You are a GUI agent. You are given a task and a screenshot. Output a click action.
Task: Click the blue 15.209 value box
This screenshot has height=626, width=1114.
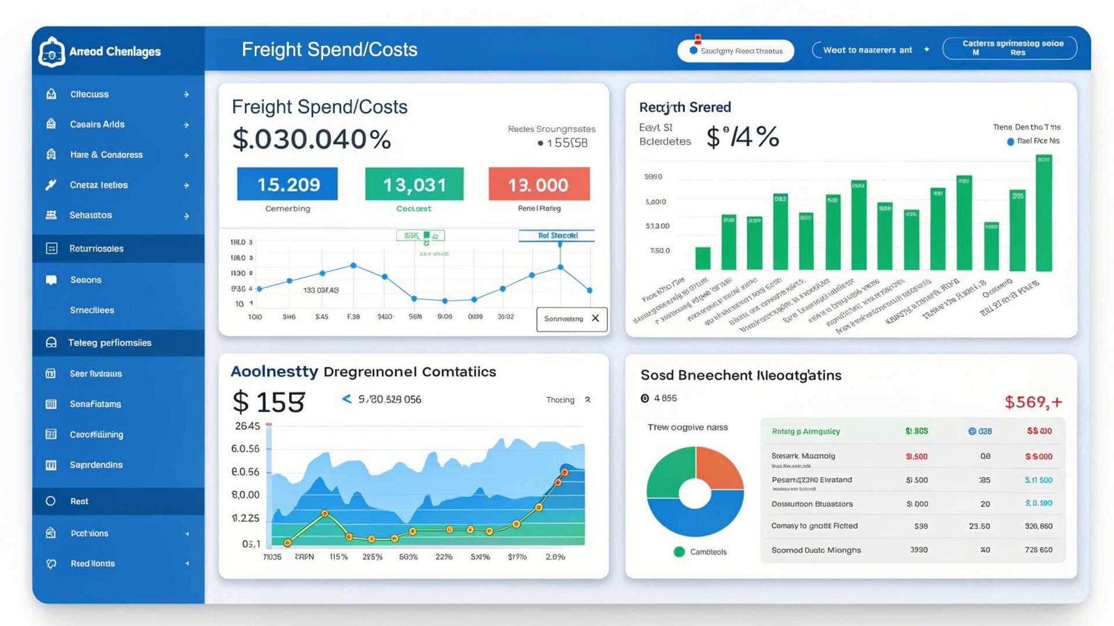point(288,184)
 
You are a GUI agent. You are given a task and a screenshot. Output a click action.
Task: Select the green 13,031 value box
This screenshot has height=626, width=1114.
point(414,184)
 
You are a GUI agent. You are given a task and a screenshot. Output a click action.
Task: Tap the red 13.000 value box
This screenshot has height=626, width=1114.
point(539,184)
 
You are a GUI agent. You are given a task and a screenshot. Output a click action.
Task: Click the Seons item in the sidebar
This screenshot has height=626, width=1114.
point(86,280)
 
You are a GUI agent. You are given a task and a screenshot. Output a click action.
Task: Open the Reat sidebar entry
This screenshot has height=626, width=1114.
point(79,501)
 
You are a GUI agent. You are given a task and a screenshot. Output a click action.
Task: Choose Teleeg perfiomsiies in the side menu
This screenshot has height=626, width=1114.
point(109,343)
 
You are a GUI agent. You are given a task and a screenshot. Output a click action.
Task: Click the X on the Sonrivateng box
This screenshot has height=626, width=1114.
point(595,319)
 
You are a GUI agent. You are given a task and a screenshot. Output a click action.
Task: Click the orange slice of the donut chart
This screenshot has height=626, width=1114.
point(720,467)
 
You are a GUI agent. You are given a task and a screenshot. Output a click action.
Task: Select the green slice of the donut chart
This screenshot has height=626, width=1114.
point(670,471)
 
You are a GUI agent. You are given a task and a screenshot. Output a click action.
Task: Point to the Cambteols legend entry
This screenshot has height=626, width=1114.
point(707,552)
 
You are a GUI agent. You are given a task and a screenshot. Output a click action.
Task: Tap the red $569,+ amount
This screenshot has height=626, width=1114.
point(1033,402)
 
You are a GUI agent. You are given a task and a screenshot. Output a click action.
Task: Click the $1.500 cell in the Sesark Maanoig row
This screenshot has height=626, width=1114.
point(916,456)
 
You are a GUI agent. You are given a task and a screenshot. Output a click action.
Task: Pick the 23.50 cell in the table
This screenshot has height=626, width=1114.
point(979,527)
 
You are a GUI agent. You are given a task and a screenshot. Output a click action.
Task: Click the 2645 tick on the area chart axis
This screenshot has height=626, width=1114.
point(247,426)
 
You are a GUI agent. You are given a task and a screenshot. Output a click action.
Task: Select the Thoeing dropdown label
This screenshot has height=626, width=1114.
point(560,400)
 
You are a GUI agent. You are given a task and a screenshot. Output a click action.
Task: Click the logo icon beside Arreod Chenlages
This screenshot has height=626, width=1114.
point(52,52)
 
